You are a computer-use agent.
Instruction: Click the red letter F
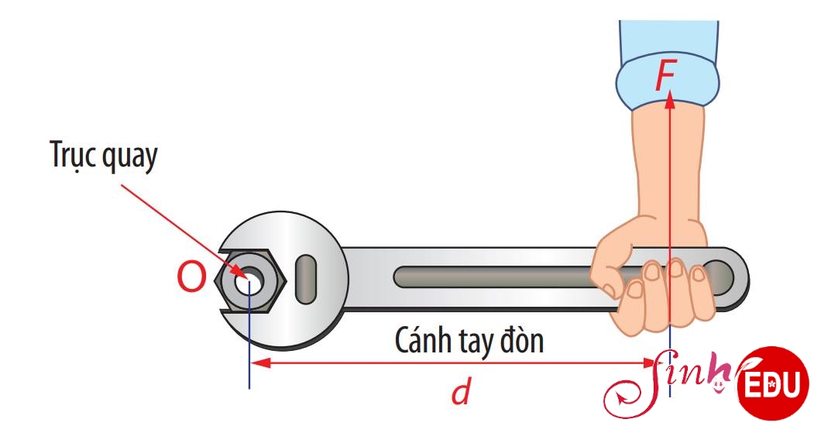click(x=665, y=75)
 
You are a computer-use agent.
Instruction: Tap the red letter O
click(x=191, y=277)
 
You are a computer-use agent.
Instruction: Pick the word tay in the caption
click(x=475, y=342)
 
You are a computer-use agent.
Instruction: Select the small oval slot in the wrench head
click(x=306, y=279)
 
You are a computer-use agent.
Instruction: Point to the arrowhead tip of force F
click(x=670, y=91)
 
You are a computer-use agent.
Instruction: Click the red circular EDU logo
click(x=773, y=383)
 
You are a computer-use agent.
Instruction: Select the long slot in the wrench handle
click(x=493, y=277)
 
